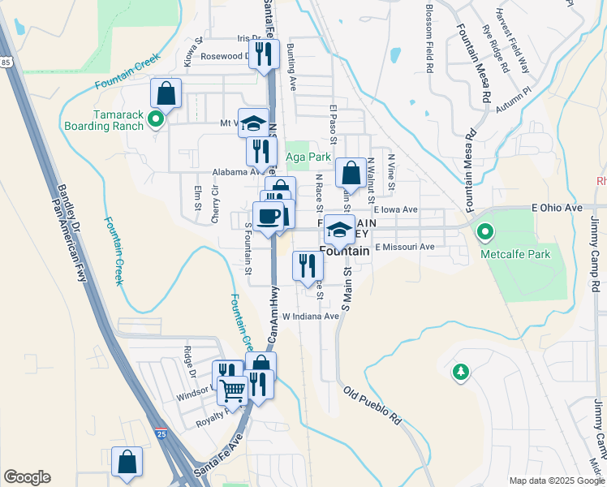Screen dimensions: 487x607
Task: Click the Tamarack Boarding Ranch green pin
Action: click(156, 121)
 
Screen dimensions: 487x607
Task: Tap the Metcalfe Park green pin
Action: click(486, 233)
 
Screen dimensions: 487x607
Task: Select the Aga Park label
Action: click(308, 157)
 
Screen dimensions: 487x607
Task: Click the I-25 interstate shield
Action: click(161, 436)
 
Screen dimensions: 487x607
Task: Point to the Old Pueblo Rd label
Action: click(373, 407)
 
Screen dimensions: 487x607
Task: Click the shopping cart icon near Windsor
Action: click(233, 391)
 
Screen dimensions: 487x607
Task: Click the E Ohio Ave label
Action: click(557, 209)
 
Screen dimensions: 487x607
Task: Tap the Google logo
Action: click(27, 477)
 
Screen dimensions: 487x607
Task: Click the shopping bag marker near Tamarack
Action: click(166, 93)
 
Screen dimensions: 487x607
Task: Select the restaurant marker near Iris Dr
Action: click(263, 54)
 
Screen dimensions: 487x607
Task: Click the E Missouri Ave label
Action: click(405, 247)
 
